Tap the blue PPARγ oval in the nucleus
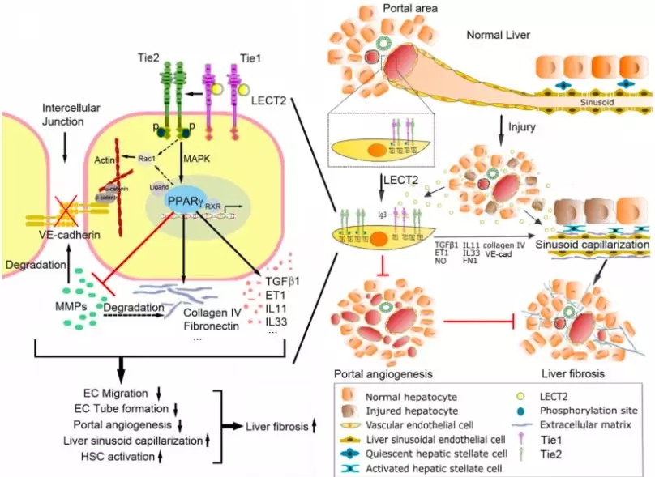pyautogui.click(x=183, y=200)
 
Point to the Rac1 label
pyautogui.click(x=147, y=157)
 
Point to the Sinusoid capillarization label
pyautogui.click(x=593, y=244)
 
